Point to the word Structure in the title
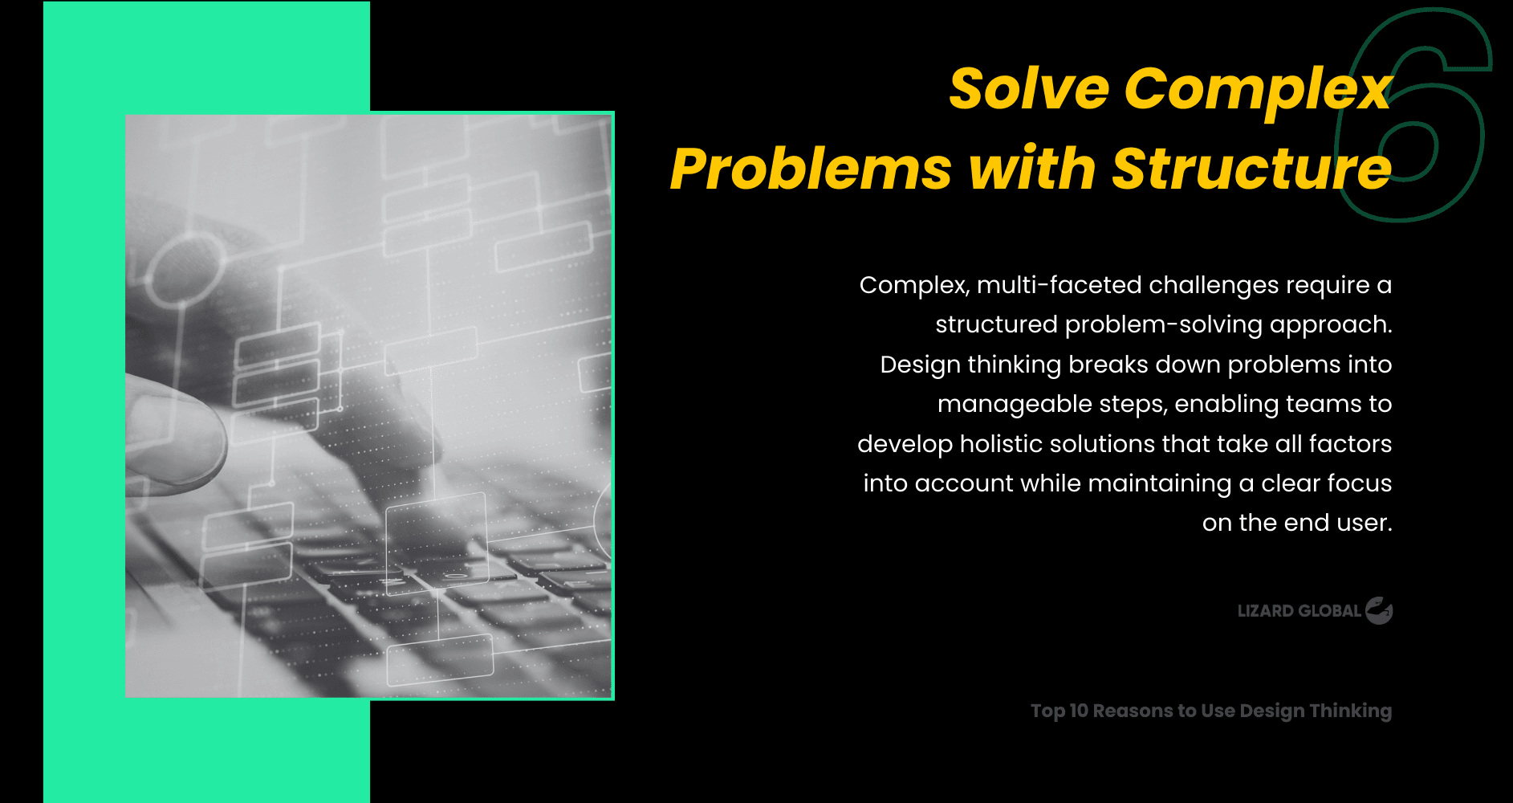coord(1252,169)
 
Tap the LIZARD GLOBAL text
coord(1299,611)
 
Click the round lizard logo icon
coord(1379,611)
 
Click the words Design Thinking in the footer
coord(1316,711)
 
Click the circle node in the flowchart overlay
coord(185,270)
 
